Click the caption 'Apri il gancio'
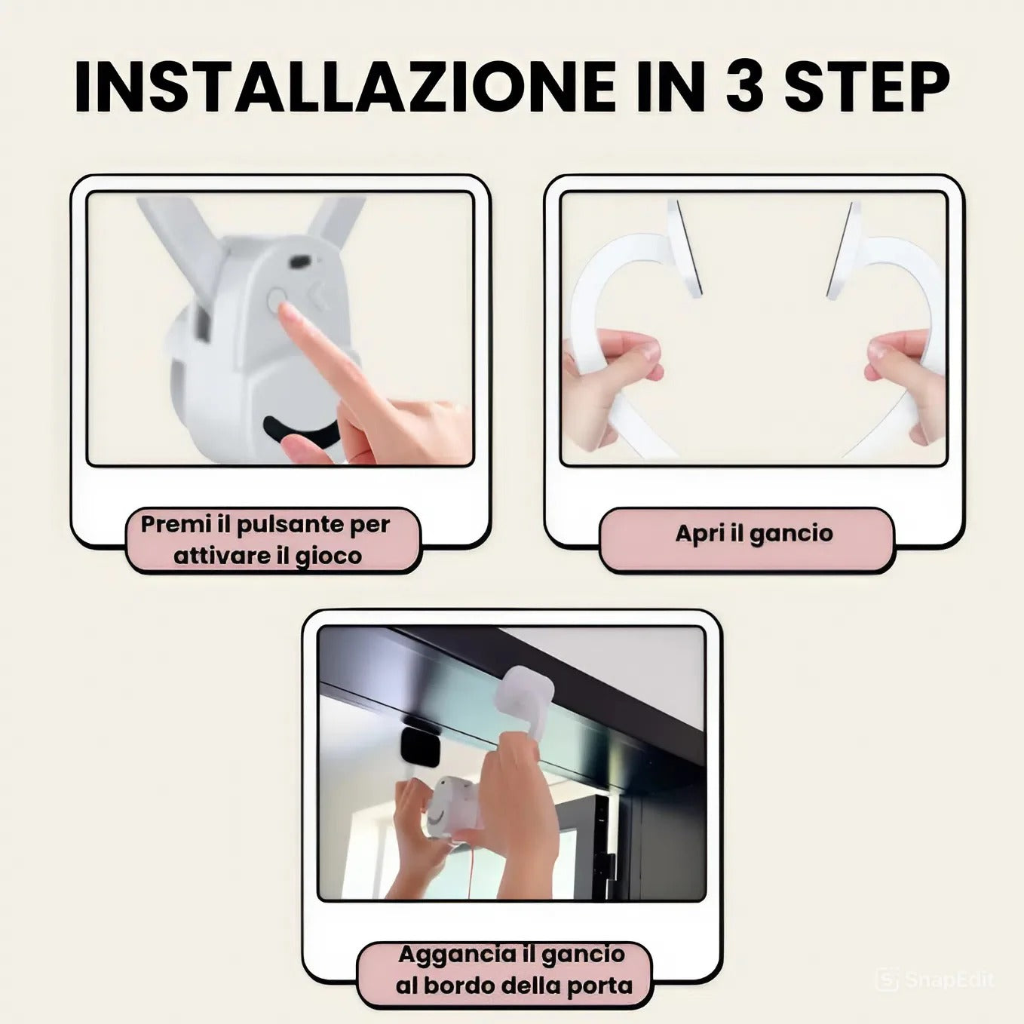click(x=753, y=534)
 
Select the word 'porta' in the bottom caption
click(x=593, y=986)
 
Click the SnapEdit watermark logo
click(x=888, y=980)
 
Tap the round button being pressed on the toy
click(x=277, y=299)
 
